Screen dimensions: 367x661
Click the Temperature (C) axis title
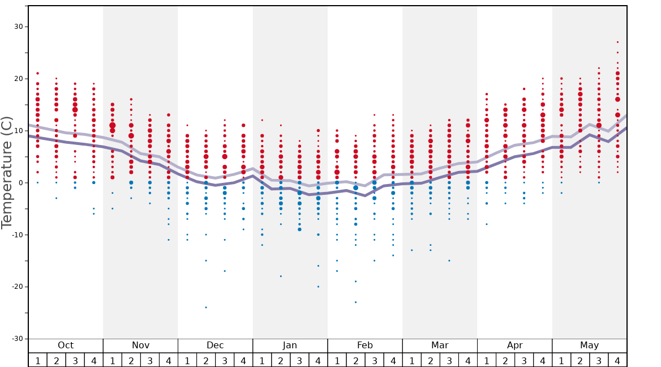pos(7,172)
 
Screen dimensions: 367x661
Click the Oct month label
pos(66,345)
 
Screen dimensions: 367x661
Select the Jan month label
pos(290,345)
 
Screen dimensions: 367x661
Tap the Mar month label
pos(440,345)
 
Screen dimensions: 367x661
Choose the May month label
pos(589,345)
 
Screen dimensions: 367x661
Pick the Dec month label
pos(215,345)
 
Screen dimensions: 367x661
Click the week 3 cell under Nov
pos(150,360)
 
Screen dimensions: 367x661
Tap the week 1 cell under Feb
pos(337,360)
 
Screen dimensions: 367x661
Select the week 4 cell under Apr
pos(543,360)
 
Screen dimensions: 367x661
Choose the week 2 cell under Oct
pos(57,360)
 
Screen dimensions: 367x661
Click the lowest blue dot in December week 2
pos(206,308)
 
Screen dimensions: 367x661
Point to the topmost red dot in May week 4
pos(617,42)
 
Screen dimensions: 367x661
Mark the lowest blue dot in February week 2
pos(355,302)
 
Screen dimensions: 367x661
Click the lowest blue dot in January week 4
pos(318,287)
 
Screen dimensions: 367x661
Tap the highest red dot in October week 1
pos(38,73)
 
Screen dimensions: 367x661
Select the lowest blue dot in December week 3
pos(225,271)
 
